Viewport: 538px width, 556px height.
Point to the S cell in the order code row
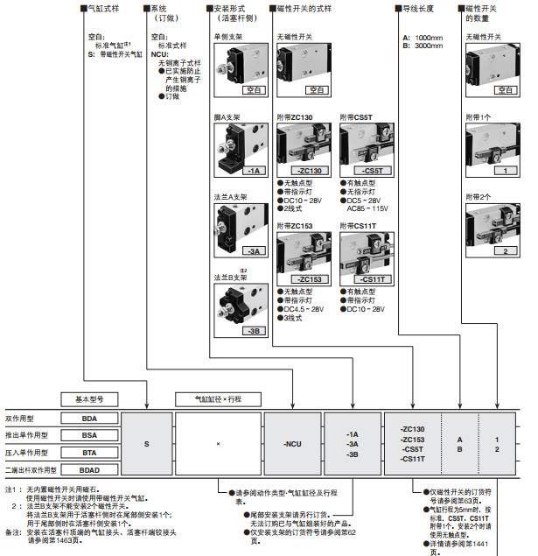[147, 445]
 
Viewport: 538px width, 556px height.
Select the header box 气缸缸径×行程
[218, 398]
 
